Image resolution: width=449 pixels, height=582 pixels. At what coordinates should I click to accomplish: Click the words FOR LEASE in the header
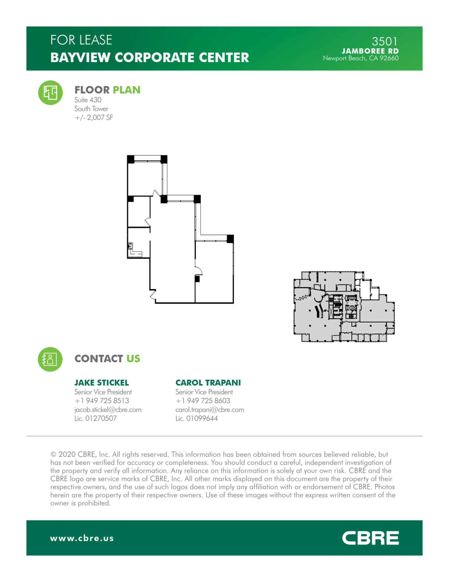(81, 40)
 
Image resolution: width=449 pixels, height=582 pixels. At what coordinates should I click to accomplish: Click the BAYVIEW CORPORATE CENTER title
(150, 58)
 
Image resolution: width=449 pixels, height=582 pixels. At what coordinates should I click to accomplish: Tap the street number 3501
(384, 41)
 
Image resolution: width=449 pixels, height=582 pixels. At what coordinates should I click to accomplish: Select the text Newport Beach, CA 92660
(360, 58)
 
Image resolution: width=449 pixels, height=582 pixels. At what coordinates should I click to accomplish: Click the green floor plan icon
(50, 93)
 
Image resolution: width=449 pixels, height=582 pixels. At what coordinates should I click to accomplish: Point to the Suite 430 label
(88, 100)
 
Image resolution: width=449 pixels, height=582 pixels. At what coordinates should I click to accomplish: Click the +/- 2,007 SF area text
(94, 118)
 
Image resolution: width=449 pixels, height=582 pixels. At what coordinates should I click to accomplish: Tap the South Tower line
(91, 109)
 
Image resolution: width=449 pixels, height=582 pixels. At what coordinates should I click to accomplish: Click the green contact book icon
(50, 359)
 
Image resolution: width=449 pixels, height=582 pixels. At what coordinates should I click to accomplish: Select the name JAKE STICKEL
(101, 383)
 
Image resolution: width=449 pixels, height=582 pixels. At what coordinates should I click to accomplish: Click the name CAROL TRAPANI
(208, 383)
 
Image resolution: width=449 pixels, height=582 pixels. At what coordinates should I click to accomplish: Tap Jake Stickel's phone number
(102, 401)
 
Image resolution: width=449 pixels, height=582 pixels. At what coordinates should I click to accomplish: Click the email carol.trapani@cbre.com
(210, 410)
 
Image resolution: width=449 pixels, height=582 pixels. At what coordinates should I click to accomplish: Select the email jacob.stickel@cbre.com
(108, 410)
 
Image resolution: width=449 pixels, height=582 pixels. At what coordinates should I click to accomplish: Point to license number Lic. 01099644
(196, 418)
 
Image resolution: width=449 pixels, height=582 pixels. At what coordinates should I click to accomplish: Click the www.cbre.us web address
(82, 538)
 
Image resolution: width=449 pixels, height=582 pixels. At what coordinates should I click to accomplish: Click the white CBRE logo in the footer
(370, 538)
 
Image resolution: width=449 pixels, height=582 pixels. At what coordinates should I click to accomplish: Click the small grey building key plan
(344, 306)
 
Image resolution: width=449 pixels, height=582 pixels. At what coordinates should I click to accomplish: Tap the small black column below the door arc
(197, 279)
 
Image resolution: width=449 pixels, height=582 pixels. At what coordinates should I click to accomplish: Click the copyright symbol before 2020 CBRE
(53, 454)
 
